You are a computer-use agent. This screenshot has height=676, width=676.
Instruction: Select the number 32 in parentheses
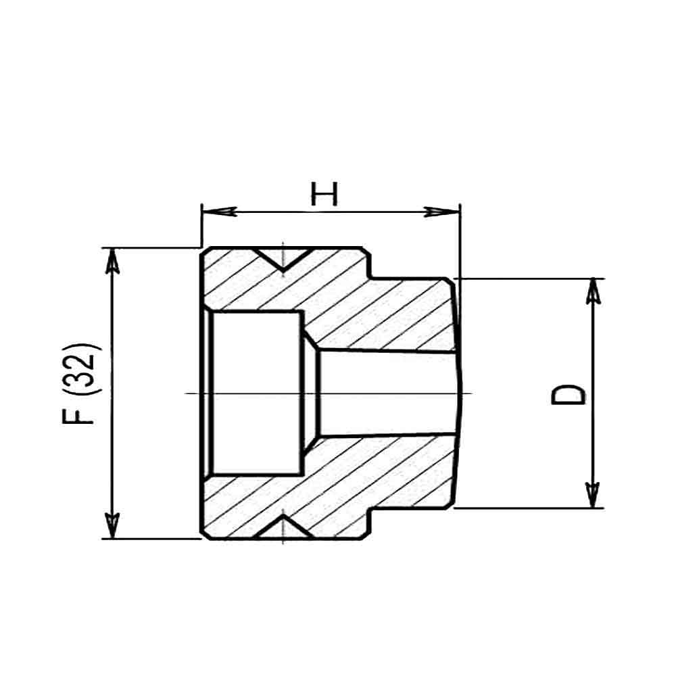coord(78,369)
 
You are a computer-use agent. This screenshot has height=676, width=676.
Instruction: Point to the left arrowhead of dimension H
coord(219,212)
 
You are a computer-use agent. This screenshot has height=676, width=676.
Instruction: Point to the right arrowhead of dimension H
coord(442,212)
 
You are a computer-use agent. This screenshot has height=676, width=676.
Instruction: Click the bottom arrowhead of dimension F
coord(112,525)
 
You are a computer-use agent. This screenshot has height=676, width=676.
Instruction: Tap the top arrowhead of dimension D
coord(594,292)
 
